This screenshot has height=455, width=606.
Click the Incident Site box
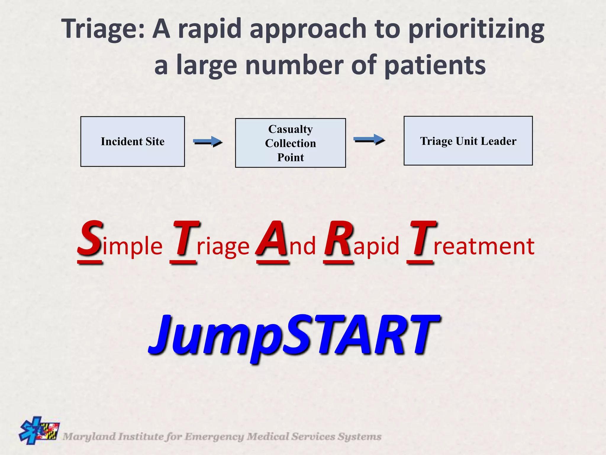point(133,141)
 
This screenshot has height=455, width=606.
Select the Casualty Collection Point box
point(290,143)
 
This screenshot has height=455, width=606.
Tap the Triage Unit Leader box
point(468,141)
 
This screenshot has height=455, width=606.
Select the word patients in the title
point(435,65)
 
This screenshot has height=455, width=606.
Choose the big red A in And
point(272,239)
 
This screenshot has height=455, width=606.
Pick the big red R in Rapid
point(339,239)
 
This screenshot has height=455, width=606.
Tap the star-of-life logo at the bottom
point(39,430)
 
